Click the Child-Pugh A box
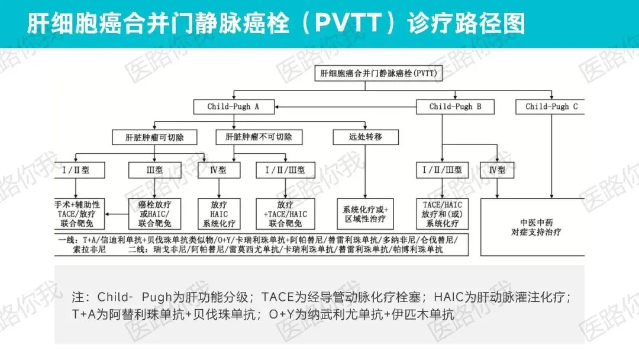(233, 107)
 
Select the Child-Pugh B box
(455, 107)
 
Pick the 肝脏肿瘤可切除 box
(155, 137)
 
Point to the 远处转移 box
(366, 137)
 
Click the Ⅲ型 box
(154, 170)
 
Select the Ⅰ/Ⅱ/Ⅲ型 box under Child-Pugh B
(442, 170)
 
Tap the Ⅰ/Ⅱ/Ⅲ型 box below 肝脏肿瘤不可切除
(281, 170)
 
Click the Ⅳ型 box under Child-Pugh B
(497, 170)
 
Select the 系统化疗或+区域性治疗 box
(365, 214)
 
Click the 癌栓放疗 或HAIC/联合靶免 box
(154, 214)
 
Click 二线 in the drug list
(135, 250)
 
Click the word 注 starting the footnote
(78, 297)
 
